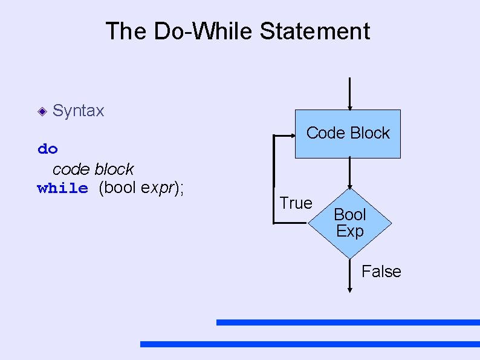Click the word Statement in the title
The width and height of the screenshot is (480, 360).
click(x=315, y=31)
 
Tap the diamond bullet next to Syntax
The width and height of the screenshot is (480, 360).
click(x=41, y=111)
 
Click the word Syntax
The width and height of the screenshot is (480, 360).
click(x=79, y=111)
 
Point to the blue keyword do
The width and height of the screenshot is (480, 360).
click(x=48, y=149)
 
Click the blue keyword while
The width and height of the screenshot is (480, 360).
click(x=62, y=188)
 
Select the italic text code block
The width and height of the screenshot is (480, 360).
click(x=93, y=169)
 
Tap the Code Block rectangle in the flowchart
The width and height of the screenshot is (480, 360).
click(x=348, y=134)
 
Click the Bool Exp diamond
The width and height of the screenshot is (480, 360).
click(x=350, y=223)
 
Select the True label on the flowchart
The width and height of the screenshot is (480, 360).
click(x=296, y=203)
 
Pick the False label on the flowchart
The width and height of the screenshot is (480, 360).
click(x=381, y=272)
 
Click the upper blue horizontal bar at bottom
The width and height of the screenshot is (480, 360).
click(x=348, y=322)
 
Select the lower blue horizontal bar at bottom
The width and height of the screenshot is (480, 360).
click(x=310, y=344)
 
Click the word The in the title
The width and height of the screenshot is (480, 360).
click(x=126, y=31)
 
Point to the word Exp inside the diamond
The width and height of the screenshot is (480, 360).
click(x=350, y=231)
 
